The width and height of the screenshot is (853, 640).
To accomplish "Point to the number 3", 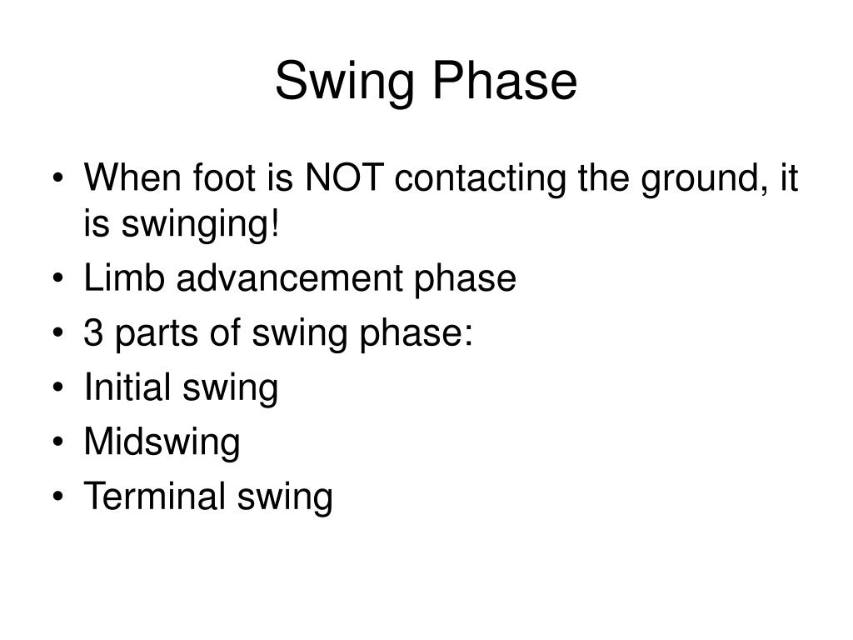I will tap(93, 333).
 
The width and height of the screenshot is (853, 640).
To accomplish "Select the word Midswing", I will tap(162, 444).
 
